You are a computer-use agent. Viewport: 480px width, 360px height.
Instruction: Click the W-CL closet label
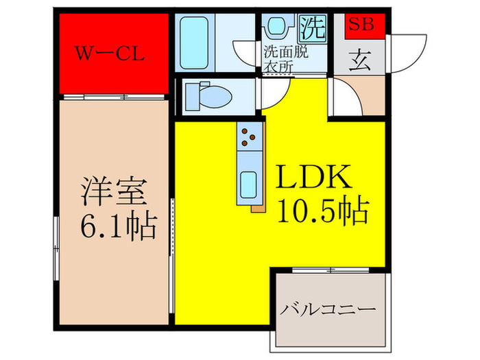[x=110, y=53]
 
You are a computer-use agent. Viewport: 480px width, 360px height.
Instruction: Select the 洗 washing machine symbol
[x=312, y=28]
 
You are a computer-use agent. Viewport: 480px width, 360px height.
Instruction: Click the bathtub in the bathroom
[x=194, y=43]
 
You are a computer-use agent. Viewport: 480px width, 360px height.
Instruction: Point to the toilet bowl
[x=208, y=97]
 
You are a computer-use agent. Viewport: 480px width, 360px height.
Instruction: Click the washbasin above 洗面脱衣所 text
[x=277, y=27]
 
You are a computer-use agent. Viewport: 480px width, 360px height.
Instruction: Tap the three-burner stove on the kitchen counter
[x=250, y=136]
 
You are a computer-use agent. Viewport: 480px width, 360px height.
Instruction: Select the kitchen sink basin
[x=248, y=184]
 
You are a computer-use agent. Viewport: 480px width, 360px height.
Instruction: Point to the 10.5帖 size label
[x=323, y=211]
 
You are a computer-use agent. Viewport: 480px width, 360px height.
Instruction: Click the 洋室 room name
[x=114, y=191]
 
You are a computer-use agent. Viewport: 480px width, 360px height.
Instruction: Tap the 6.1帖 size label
[x=119, y=226]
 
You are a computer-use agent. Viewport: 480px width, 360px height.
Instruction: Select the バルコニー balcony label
[x=328, y=309]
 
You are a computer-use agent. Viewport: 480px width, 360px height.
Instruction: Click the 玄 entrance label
[x=360, y=60]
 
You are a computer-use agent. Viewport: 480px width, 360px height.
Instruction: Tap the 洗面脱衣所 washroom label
[x=286, y=60]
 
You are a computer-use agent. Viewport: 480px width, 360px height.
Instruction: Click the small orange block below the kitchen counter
[x=258, y=208]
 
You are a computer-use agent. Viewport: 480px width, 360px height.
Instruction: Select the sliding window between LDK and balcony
[x=331, y=270]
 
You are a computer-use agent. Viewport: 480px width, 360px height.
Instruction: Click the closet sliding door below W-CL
[x=115, y=97]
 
